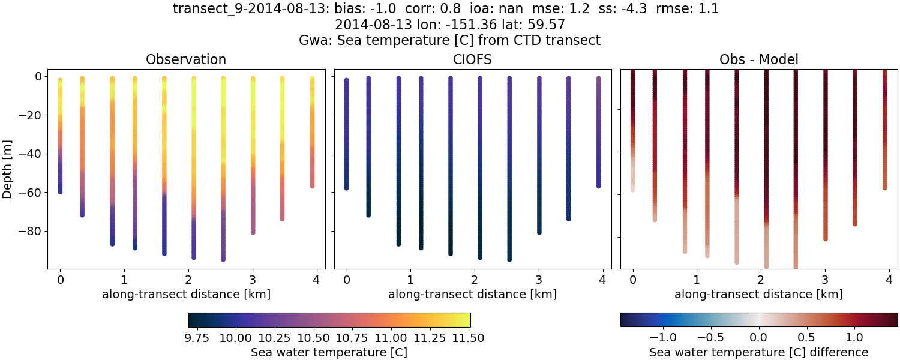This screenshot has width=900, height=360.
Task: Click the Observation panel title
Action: (186, 59)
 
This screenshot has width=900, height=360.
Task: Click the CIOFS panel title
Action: (472, 59)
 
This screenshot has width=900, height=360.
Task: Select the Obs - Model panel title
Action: (758, 59)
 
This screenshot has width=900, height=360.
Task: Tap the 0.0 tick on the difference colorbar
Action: (759, 338)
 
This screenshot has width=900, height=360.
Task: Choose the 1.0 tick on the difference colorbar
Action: (854, 338)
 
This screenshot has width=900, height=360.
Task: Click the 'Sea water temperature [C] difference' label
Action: (758, 352)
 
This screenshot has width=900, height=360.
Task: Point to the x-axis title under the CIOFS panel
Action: (472, 294)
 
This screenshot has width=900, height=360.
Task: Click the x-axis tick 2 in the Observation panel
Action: (188, 280)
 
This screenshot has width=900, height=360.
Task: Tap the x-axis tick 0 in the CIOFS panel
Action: (346, 280)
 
